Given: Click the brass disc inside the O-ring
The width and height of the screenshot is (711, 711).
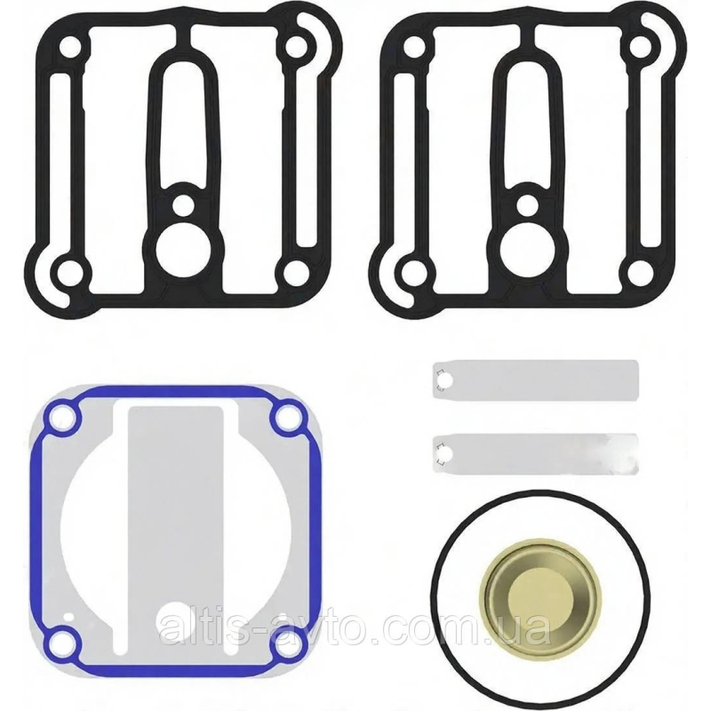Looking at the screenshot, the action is tap(541, 595).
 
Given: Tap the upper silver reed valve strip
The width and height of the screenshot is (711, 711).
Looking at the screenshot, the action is tap(536, 380).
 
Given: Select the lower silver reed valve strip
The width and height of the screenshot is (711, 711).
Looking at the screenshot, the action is tap(536, 454).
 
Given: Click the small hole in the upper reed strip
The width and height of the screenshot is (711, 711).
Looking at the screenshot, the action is tap(445, 380).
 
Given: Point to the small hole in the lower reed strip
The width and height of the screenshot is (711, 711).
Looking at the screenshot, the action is tap(445, 454).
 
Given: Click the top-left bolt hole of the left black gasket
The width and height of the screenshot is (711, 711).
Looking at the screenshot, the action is tap(71, 47).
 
